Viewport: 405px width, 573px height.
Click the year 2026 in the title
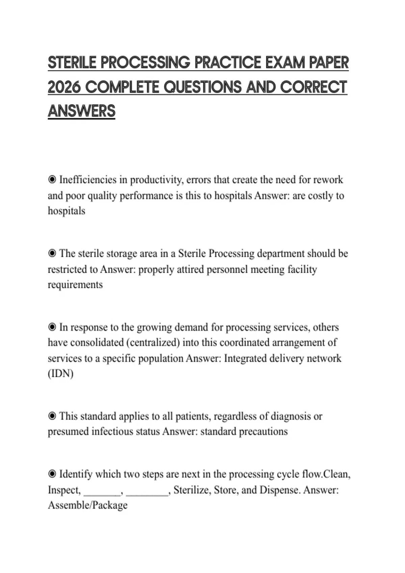pos(64,87)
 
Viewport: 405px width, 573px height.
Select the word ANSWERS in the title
pos(82,111)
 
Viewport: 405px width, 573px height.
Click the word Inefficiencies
pos(88,180)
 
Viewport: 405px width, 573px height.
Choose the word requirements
pos(75,284)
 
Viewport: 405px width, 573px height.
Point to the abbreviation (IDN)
pos(61,373)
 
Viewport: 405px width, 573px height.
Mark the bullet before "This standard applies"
pos(52,416)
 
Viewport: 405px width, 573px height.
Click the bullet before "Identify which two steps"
pos(52,474)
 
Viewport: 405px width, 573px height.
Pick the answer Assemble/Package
pos(88,505)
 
